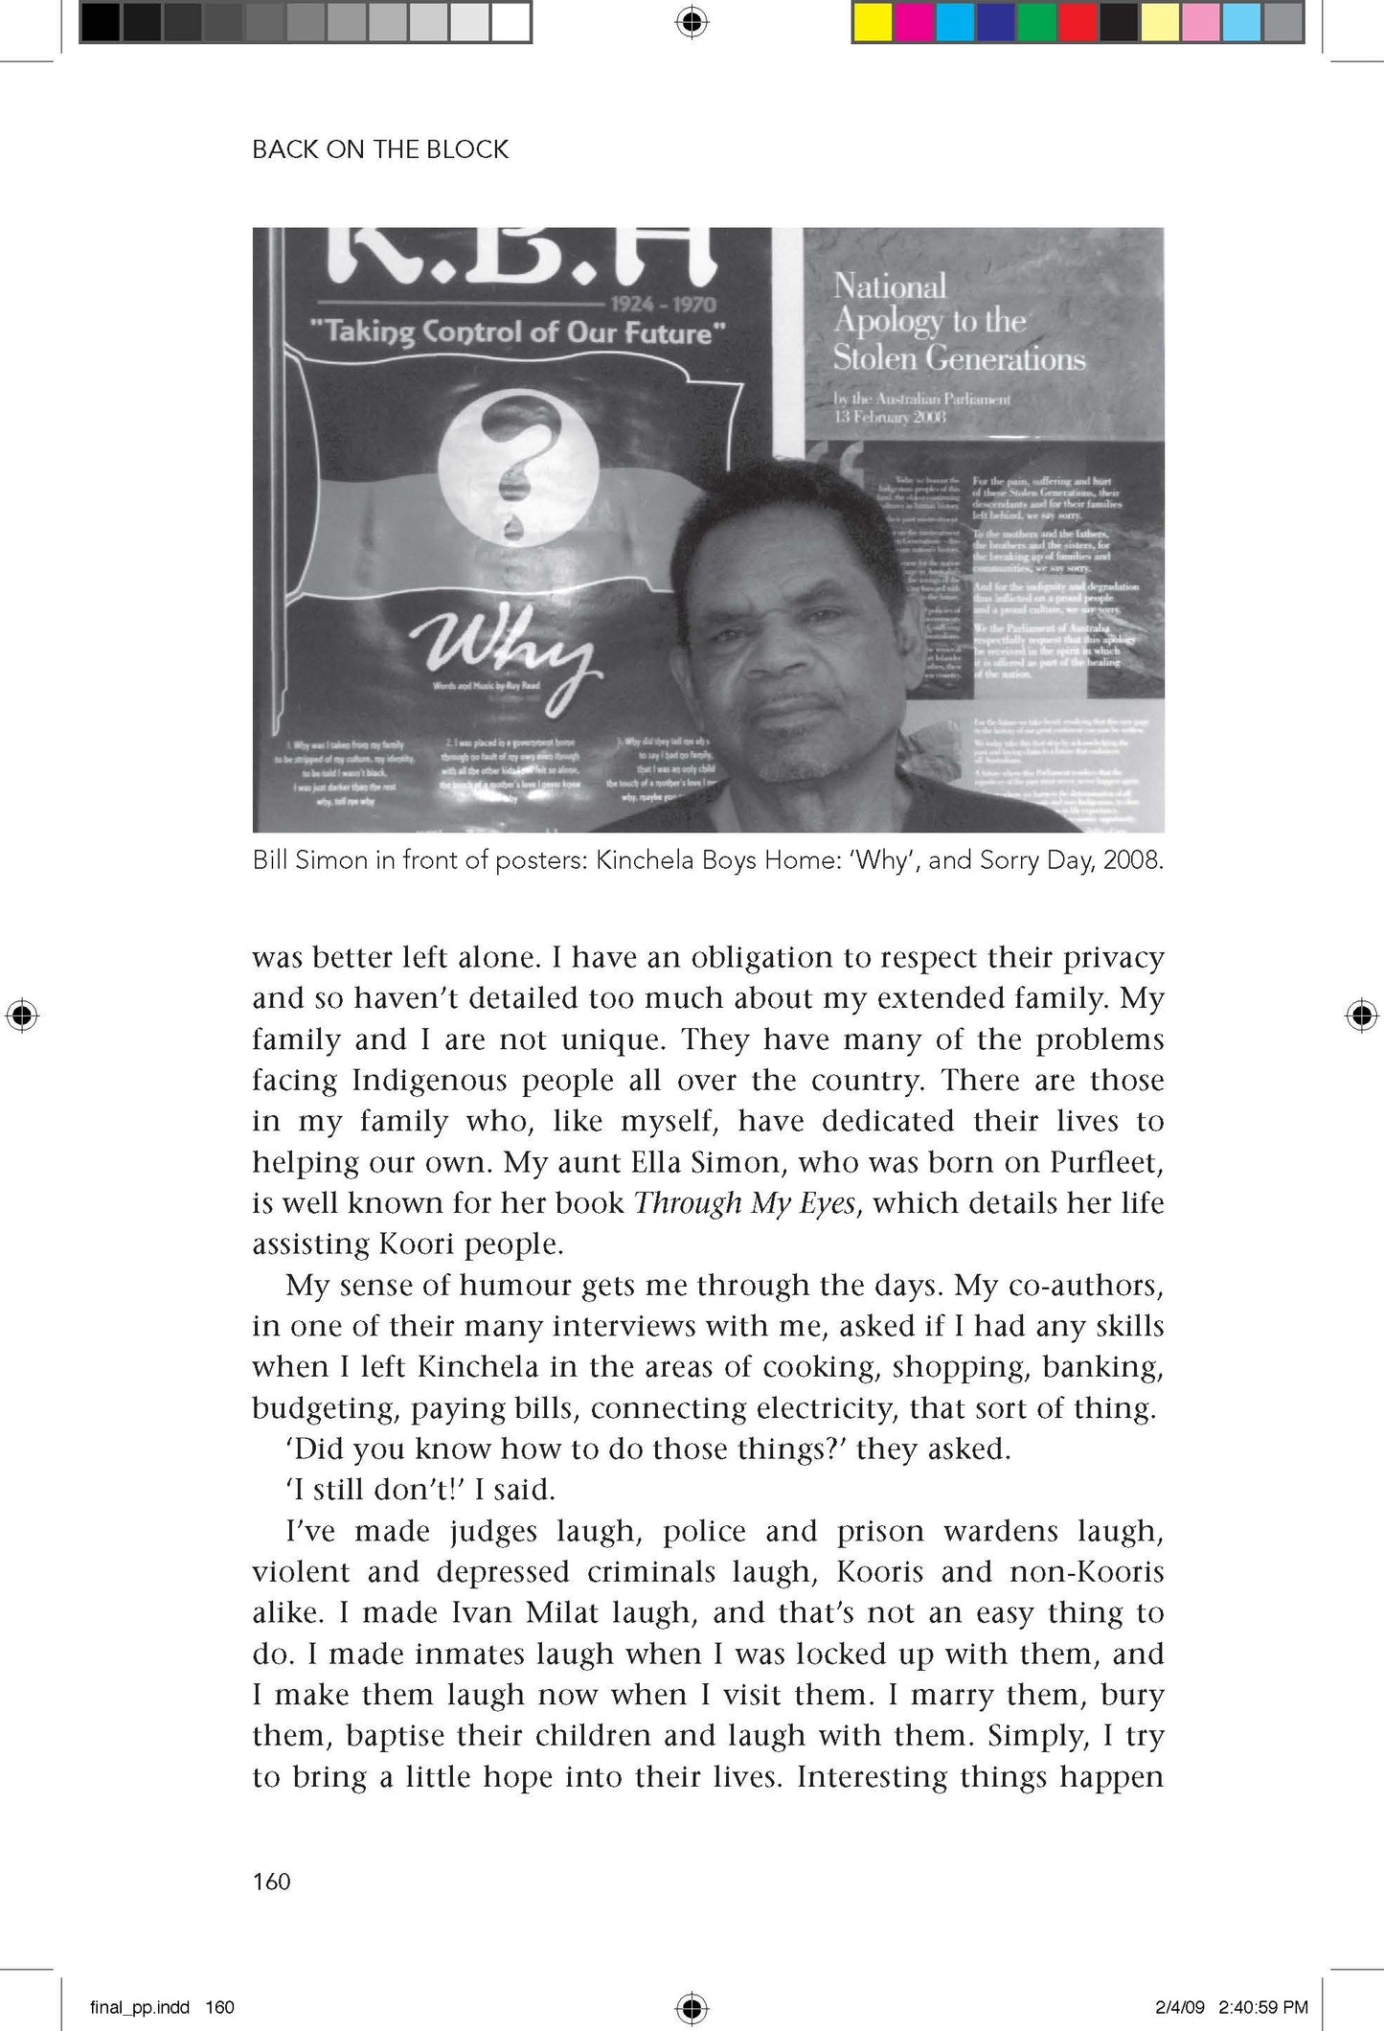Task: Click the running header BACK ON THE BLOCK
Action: tap(380, 149)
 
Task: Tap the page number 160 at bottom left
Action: tap(271, 1882)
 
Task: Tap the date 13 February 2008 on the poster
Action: tap(890, 417)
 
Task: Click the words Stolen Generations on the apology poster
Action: tap(959, 358)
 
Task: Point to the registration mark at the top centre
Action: tap(692, 22)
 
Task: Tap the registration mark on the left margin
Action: tap(22, 1015)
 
